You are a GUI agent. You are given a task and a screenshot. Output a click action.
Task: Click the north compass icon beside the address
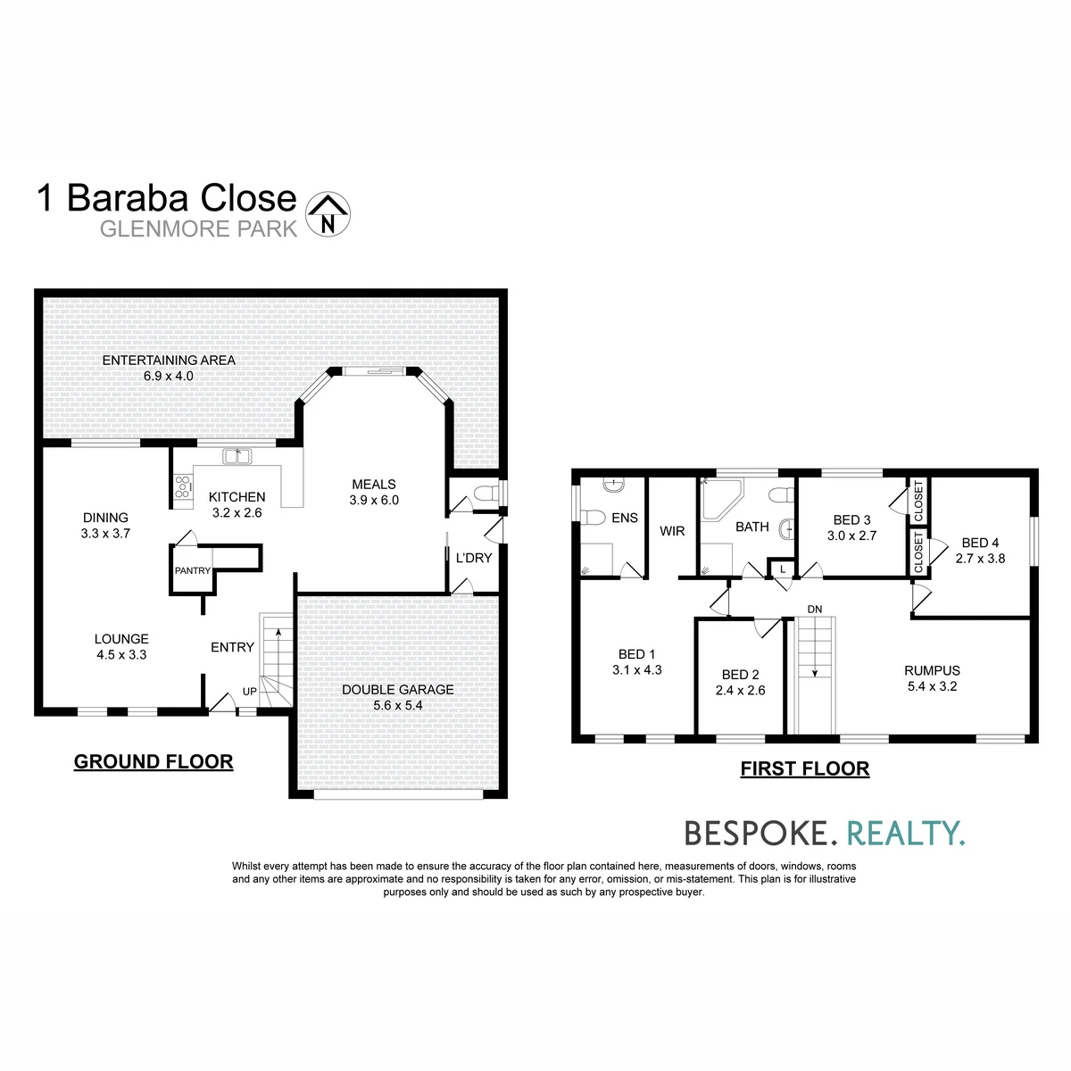328,214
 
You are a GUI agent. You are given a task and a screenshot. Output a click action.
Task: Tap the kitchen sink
237,456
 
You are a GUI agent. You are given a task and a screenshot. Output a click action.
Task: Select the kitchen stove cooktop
182,487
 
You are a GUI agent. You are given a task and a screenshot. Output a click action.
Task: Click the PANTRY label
192,570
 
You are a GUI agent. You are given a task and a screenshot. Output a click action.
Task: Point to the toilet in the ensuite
592,518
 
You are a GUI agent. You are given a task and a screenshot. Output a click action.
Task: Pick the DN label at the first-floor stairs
814,610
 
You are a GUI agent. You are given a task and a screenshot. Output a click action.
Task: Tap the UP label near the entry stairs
250,692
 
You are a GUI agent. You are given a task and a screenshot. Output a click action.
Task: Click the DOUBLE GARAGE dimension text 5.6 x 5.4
397,705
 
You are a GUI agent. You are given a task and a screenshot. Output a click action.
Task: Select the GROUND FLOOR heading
154,761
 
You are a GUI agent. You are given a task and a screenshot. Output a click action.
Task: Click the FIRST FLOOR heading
805,768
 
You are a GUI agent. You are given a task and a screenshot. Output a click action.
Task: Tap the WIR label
672,531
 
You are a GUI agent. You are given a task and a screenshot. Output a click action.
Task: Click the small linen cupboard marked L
783,569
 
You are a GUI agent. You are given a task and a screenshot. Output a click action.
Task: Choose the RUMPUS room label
932,670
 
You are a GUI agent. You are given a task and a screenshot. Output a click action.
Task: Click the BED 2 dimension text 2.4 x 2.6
740,690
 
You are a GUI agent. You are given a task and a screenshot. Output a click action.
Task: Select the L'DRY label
474,558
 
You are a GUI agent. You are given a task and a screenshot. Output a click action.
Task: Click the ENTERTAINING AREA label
169,361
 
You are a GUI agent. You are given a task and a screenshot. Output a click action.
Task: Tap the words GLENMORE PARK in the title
198,229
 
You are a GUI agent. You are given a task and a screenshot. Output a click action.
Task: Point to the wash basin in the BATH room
786,529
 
